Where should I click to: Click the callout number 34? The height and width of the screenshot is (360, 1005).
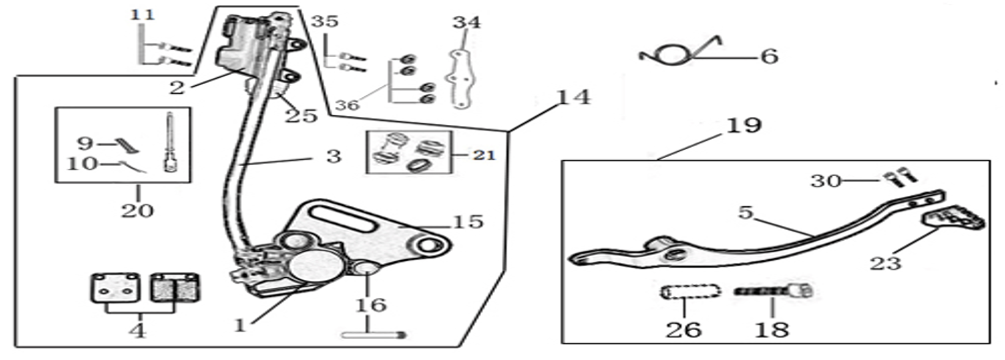[466, 23]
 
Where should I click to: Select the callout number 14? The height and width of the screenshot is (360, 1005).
[573, 97]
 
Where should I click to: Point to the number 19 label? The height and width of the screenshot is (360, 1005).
[744, 126]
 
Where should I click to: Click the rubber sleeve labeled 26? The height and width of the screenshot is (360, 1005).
[690, 292]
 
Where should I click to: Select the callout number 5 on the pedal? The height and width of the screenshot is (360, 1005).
[745, 213]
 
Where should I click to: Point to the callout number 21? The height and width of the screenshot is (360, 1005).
[484, 156]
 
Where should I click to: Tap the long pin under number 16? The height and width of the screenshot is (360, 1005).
[373, 335]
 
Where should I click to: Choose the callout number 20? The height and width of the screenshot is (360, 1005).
[137, 210]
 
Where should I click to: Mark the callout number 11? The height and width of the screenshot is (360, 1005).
[143, 14]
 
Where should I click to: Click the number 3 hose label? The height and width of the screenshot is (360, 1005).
[334, 156]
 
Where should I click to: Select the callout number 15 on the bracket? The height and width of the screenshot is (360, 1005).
[468, 222]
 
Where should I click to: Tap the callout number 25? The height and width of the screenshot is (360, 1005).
[301, 116]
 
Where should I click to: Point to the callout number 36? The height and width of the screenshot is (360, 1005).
[347, 105]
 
